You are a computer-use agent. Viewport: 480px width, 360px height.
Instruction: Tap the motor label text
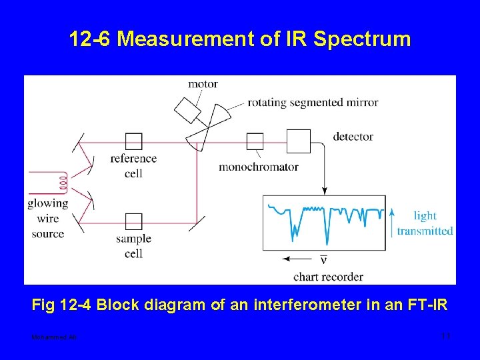pyautogui.click(x=203, y=84)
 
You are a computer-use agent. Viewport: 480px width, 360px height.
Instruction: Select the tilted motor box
pyautogui.click(x=188, y=109)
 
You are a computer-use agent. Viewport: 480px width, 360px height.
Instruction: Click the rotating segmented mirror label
pyautogui.click(x=313, y=103)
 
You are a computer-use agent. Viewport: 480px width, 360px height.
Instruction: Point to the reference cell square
pyautogui.click(x=134, y=141)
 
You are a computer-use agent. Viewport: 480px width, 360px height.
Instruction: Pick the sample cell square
pyautogui.click(x=134, y=222)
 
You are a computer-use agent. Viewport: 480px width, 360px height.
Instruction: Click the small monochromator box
pyautogui.click(x=255, y=141)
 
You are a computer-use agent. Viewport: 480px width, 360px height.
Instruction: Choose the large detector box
pyautogui.click(x=298, y=141)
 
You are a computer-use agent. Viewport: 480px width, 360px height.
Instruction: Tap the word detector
pyautogui.click(x=353, y=137)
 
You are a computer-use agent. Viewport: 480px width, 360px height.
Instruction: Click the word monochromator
pyautogui.click(x=258, y=167)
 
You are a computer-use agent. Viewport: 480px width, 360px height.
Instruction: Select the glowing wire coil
pyautogui.click(x=62, y=181)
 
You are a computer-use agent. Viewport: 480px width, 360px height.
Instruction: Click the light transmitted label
pyautogui.click(x=425, y=223)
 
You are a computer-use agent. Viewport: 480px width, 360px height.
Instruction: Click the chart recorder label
pyautogui.click(x=328, y=276)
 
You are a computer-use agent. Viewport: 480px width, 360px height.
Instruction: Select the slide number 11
pyautogui.click(x=446, y=335)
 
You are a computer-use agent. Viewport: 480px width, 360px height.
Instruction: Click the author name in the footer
pyautogui.click(x=54, y=337)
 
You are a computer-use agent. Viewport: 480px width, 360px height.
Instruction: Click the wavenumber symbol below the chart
pyautogui.click(x=323, y=259)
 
